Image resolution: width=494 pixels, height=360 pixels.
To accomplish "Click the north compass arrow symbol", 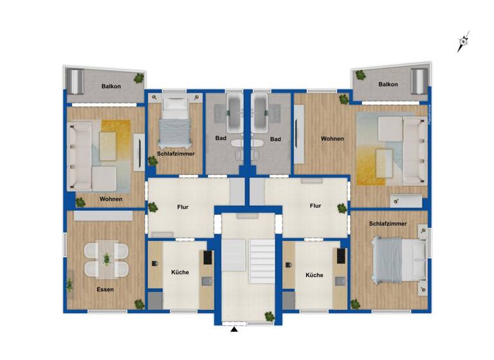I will (x=463, y=42).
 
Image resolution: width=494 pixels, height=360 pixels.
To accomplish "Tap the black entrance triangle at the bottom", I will (x=234, y=330).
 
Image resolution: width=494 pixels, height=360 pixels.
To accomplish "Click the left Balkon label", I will (x=111, y=86).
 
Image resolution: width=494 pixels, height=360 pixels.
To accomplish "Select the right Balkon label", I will (x=389, y=84).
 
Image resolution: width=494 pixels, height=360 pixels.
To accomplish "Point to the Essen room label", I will (x=105, y=289).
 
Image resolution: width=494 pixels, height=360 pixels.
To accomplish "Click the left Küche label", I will (x=180, y=272).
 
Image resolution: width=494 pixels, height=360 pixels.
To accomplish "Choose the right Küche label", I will (x=315, y=274).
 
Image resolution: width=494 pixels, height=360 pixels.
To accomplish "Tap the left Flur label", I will (x=183, y=207).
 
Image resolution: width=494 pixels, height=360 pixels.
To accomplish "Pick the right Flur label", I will (x=315, y=206).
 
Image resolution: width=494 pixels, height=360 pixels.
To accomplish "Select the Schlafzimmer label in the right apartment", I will (x=388, y=223).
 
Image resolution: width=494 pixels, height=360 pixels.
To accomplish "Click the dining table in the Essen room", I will (x=107, y=258).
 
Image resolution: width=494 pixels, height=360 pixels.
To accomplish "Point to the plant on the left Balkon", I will (x=139, y=78).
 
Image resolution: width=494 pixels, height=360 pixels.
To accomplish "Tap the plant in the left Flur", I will (x=153, y=208).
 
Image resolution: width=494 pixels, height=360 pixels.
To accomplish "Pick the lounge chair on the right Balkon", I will (x=419, y=82).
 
